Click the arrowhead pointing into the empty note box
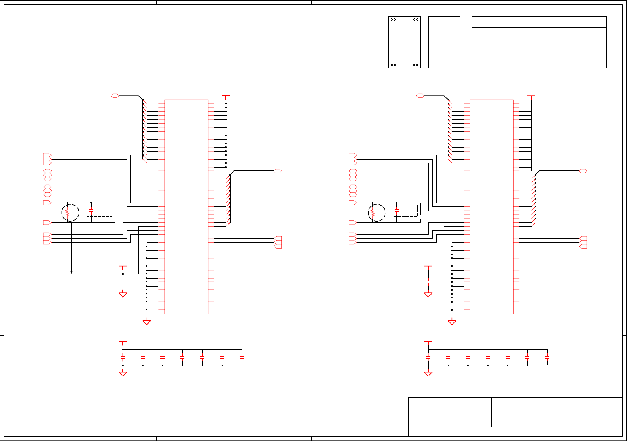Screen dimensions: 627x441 [x=71, y=272]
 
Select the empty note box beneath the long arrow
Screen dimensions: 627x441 [x=63, y=281]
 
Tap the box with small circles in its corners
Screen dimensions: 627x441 [x=404, y=42]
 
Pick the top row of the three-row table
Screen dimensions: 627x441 [x=539, y=22]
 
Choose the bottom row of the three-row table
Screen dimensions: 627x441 [x=539, y=56]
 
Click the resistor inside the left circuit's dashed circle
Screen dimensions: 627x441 [x=67, y=213]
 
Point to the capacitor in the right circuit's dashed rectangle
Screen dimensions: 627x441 [x=396, y=210]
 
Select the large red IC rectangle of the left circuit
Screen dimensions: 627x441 [x=186, y=207]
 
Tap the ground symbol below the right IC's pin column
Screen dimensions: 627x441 [x=452, y=322]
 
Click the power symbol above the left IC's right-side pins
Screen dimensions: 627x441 [x=226, y=97]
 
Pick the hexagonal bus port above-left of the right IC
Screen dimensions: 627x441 [x=420, y=96]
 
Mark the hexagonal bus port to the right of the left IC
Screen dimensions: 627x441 [x=277, y=171]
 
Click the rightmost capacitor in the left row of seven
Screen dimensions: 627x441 [x=242, y=357]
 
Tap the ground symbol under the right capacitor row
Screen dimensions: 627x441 [x=428, y=373]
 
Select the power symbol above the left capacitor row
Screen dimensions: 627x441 [x=123, y=342]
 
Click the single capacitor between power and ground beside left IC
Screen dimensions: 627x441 [x=123, y=281]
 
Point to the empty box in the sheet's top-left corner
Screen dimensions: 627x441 [x=55, y=19]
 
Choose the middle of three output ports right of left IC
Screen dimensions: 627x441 [x=278, y=242]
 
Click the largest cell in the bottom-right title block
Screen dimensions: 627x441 [x=531, y=412]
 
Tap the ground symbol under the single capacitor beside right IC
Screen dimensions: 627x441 [x=428, y=295]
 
